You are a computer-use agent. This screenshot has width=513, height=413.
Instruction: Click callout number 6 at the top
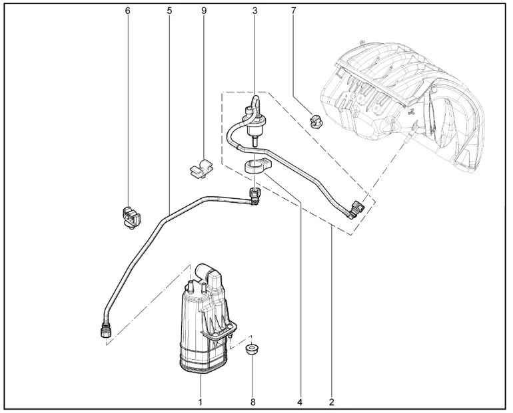(x=128, y=11)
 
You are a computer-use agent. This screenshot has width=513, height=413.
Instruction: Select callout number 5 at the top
(x=169, y=11)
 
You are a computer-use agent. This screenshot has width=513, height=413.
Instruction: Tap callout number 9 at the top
(x=204, y=11)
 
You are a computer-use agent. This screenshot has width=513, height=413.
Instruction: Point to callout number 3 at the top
(x=255, y=11)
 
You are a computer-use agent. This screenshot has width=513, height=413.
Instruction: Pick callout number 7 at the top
(x=293, y=11)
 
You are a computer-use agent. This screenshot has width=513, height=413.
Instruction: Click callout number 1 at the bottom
(x=201, y=402)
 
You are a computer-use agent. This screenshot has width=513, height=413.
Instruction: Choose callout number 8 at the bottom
(x=253, y=402)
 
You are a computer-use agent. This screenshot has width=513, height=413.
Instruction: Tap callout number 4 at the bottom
(x=300, y=402)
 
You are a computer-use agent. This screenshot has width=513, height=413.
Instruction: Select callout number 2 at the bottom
(x=332, y=402)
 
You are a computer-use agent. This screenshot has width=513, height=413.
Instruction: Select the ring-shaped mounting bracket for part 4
(x=258, y=165)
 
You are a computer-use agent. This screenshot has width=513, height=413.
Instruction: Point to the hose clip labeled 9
(x=201, y=168)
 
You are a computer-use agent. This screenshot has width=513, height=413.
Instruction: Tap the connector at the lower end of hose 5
(x=106, y=330)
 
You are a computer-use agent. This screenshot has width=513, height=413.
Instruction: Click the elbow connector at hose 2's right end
(x=356, y=209)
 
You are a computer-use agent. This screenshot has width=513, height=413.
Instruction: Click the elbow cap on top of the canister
(x=209, y=276)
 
